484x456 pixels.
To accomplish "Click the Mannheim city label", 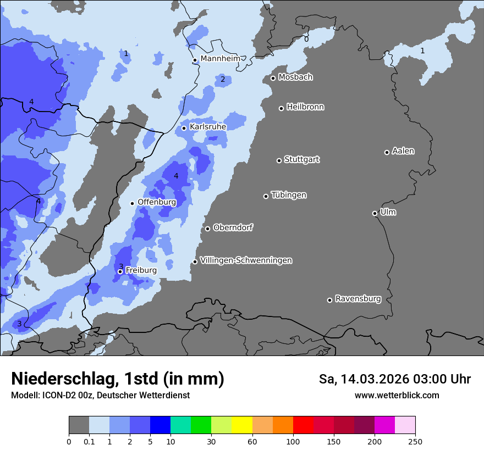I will pyautogui.click(x=220, y=58).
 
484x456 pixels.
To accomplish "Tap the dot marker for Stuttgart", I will pyautogui.click(x=279, y=160).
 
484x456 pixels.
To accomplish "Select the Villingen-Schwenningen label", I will pyautogui.click(x=246, y=260).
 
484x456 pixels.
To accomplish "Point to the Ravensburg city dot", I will pyautogui.click(x=329, y=300).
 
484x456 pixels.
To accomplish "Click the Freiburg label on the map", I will pyautogui.click(x=141, y=270).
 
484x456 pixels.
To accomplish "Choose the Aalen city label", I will pyautogui.click(x=403, y=151).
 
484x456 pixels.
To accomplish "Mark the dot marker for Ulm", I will pyautogui.click(x=375, y=213).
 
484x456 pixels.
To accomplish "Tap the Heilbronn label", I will pyautogui.click(x=305, y=107).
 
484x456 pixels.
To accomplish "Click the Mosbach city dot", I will pyautogui.click(x=273, y=78).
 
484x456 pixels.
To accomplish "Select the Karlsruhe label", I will pyautogui.click(x=207, y=126).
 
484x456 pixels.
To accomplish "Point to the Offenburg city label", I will pyautogui.click(x=156, y=202).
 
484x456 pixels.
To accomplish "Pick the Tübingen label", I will pyautogui.click(x=289, y=194).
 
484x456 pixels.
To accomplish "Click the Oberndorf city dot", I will pyautogui.click(x=207, y=229).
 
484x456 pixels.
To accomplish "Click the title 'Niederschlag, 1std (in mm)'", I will pyautogui.click(x=118, y=379).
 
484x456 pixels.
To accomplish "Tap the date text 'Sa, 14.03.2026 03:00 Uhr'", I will pyautogui.click(x=394, y=379).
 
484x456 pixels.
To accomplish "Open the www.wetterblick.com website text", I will pyautogui.click(x=397, y=395).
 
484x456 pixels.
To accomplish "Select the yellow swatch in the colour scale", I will pyautogui.click(x=242, y=425).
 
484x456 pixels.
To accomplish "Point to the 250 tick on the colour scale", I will pyautogui.click(x=415, y=441).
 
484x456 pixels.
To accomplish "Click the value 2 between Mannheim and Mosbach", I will pyautogui.click(x=223, y=79).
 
